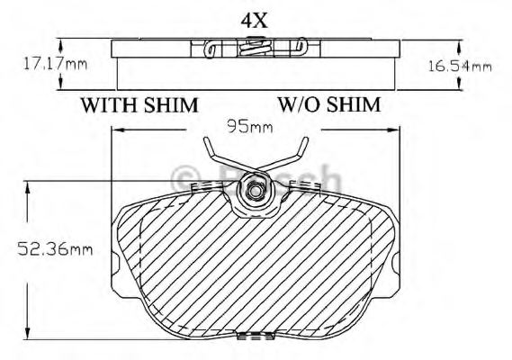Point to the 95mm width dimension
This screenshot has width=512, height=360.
click(249, 127)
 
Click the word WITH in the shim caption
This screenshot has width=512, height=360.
click(111, 104)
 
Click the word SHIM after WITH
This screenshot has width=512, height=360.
click(171, 104)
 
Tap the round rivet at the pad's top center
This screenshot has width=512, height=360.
click(256, 191)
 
